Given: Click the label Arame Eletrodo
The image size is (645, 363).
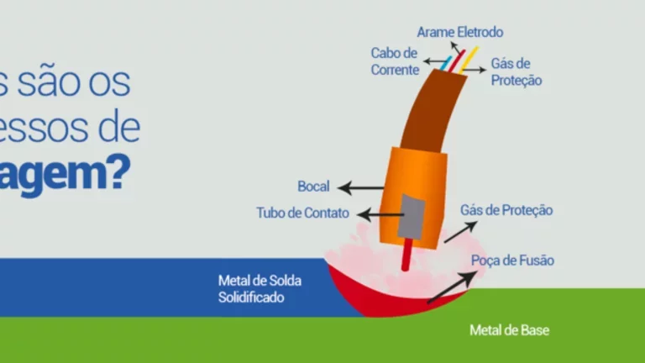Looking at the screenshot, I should point(460,33).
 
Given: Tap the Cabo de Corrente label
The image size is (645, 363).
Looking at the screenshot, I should point(395,61).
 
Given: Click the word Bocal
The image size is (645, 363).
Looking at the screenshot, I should point(313,187).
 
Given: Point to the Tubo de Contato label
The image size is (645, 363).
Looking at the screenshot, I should point(302,213).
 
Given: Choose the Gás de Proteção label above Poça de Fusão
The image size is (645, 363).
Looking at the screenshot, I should point(506,210).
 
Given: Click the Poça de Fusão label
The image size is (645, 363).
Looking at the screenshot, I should point(512,260).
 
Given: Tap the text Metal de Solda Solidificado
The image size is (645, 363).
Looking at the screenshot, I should point(260,288).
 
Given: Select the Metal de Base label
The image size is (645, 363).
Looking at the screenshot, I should point(509,330).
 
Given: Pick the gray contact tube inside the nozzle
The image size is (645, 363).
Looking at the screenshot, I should point(412,215).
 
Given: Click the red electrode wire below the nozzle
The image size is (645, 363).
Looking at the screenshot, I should point(406,255).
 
